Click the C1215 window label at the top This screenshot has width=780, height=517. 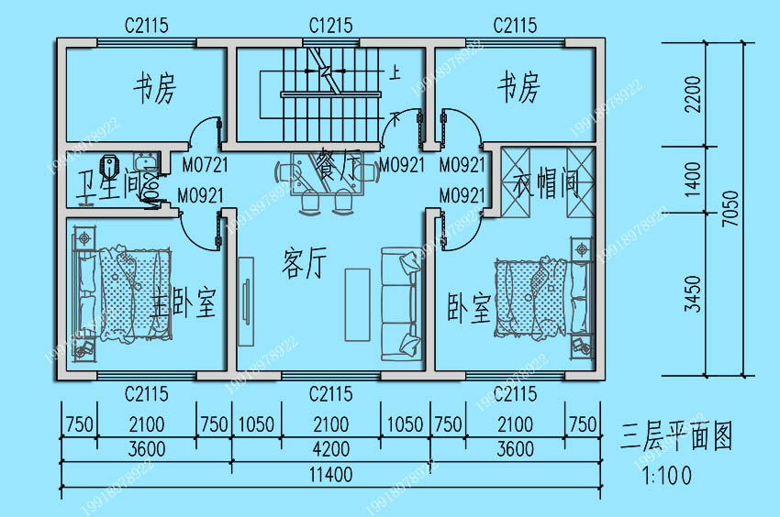click(330, 26)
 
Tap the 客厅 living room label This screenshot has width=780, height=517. click(304, 264)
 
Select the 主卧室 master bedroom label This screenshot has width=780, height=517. click(184, 304)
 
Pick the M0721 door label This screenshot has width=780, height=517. click(204, 166)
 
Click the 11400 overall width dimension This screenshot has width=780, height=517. click(330, 475)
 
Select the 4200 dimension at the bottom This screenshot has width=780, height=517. click(330, 449)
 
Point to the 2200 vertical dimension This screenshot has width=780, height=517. click(693, 93)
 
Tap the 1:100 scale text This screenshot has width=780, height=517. click(662, 475)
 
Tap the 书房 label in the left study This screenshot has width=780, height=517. click(154, 90)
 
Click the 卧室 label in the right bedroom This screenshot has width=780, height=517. click(469, 310)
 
